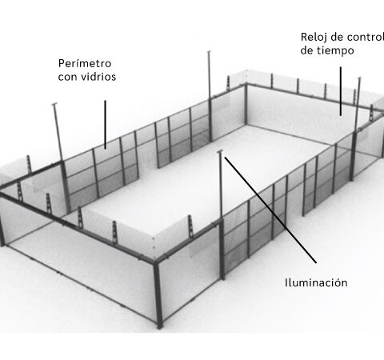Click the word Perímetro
pos(85,63)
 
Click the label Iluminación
pos(316,282)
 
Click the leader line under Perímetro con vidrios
pos(106,125)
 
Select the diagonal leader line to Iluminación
pos(270,210)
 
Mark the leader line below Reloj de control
pos(341,91)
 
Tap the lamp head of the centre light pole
pos(220,151)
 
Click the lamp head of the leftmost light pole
pos(54,104)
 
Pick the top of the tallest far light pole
pos(209,52)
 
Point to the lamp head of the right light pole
pos(359,78)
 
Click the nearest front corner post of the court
pos(158,294)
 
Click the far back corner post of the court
pos(246,104)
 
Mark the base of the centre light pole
pos(223,277)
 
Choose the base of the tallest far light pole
pos(210,140)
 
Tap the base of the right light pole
pos(352,178)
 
